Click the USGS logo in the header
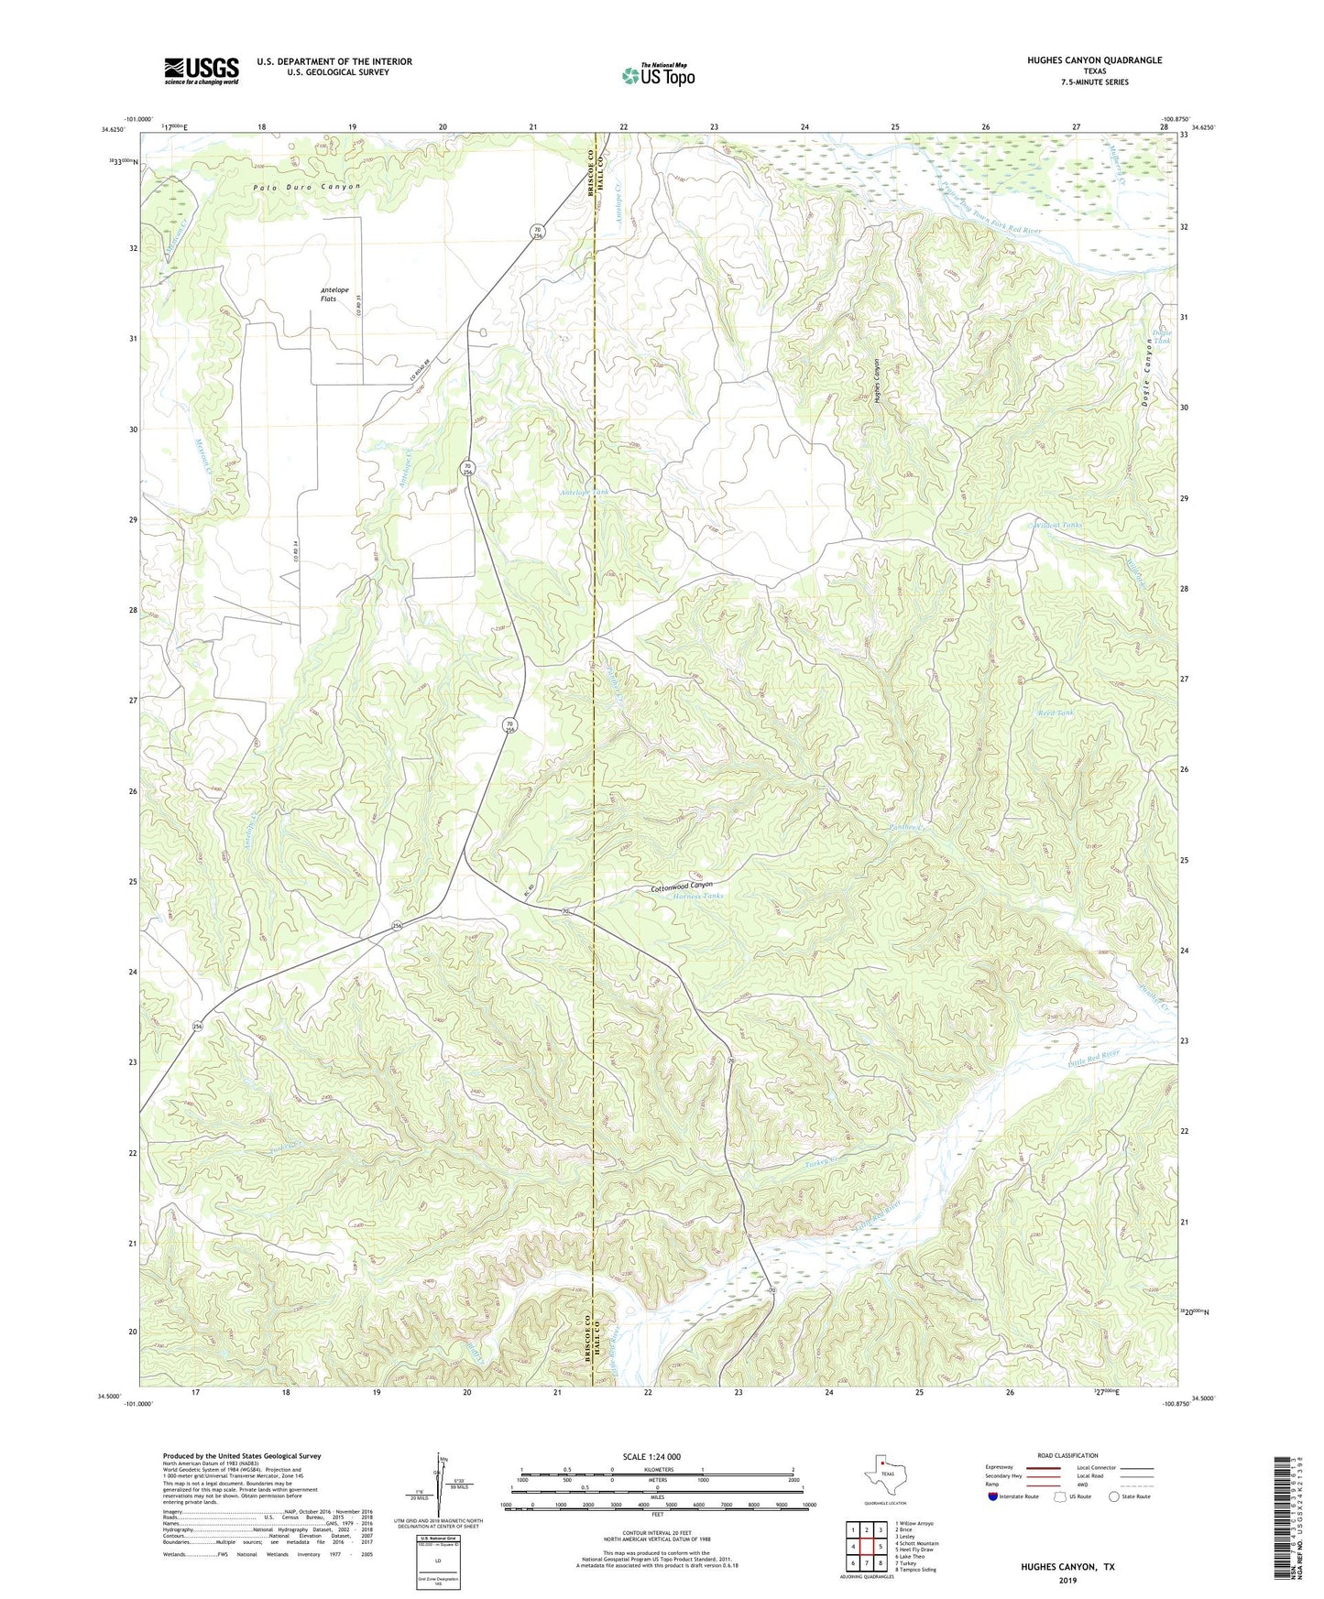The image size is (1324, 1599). [x=202, y=70]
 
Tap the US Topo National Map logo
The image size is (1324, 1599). [x=658, y=75]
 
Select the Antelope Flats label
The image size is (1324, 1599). [x=328, y=294]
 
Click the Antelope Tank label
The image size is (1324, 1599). [x=584, y=492]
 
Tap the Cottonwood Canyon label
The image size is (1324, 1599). [x=681, y=887]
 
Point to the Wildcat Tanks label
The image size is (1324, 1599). [x=1058, y=526]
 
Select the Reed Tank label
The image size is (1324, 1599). [x=1055, y=712]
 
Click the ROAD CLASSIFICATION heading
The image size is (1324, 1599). [x=1067, y=1455]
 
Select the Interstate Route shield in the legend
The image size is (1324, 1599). [x=993, y=1496]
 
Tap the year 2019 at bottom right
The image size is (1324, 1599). [x=1067, y=1580]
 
